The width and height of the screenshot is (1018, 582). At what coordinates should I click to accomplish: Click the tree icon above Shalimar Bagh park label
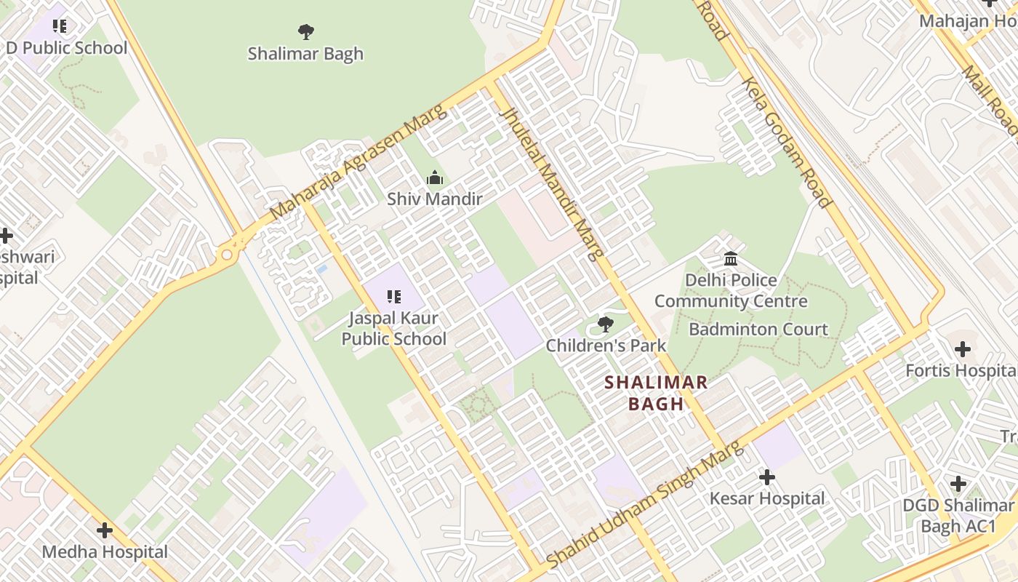coord(306,31)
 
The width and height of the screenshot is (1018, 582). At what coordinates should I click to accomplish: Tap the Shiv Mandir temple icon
coord(435,178)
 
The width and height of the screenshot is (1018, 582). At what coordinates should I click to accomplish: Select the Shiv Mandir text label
coord(435,199)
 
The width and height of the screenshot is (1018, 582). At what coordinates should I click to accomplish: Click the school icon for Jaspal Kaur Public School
coord(394,297)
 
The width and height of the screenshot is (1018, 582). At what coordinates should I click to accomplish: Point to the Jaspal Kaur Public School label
coord(394,329)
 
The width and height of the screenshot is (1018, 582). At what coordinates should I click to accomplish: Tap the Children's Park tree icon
coord(605,324)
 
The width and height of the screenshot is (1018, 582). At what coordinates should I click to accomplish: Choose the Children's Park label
coord(606,346)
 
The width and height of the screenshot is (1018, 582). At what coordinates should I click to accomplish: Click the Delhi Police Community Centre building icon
coord(731,259)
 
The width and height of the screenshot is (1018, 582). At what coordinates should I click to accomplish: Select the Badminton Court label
coord(758,330)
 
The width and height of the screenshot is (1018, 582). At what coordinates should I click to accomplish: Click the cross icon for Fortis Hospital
coord(963,349)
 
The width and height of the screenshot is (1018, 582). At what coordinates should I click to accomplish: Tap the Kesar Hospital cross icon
coord(766,478)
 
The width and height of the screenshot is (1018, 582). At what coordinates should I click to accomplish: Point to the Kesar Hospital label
coord(767,499)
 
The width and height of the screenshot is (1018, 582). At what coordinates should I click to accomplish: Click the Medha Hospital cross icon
coord(105,530)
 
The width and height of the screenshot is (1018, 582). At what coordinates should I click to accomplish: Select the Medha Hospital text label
coord(105,552)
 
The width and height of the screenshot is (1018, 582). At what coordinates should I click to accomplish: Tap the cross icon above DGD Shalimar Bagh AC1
coord(958,484)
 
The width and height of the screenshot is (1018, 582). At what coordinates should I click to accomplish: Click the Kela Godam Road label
coord(785,142)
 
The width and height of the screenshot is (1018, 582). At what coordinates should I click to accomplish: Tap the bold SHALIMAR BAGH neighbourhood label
coord(656,393)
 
